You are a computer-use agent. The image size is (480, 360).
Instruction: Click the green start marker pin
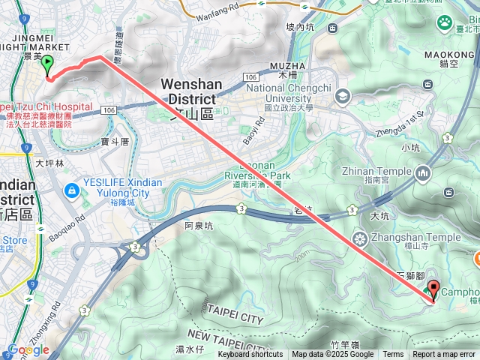(47, 65)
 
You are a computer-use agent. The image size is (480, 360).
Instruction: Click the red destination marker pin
(433, 291)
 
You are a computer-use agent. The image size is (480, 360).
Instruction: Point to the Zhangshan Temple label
(418, 238)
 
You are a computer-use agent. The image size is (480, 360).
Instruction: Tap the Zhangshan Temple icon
(361, 239)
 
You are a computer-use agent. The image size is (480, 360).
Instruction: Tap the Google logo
(28, 349)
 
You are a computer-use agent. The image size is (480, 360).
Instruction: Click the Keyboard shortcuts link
(250, 355)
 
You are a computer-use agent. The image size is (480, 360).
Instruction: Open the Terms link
(393, 355)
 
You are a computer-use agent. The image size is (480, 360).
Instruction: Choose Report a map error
(444, 355)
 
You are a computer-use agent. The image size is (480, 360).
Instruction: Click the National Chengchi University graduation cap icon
(343, 95)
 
